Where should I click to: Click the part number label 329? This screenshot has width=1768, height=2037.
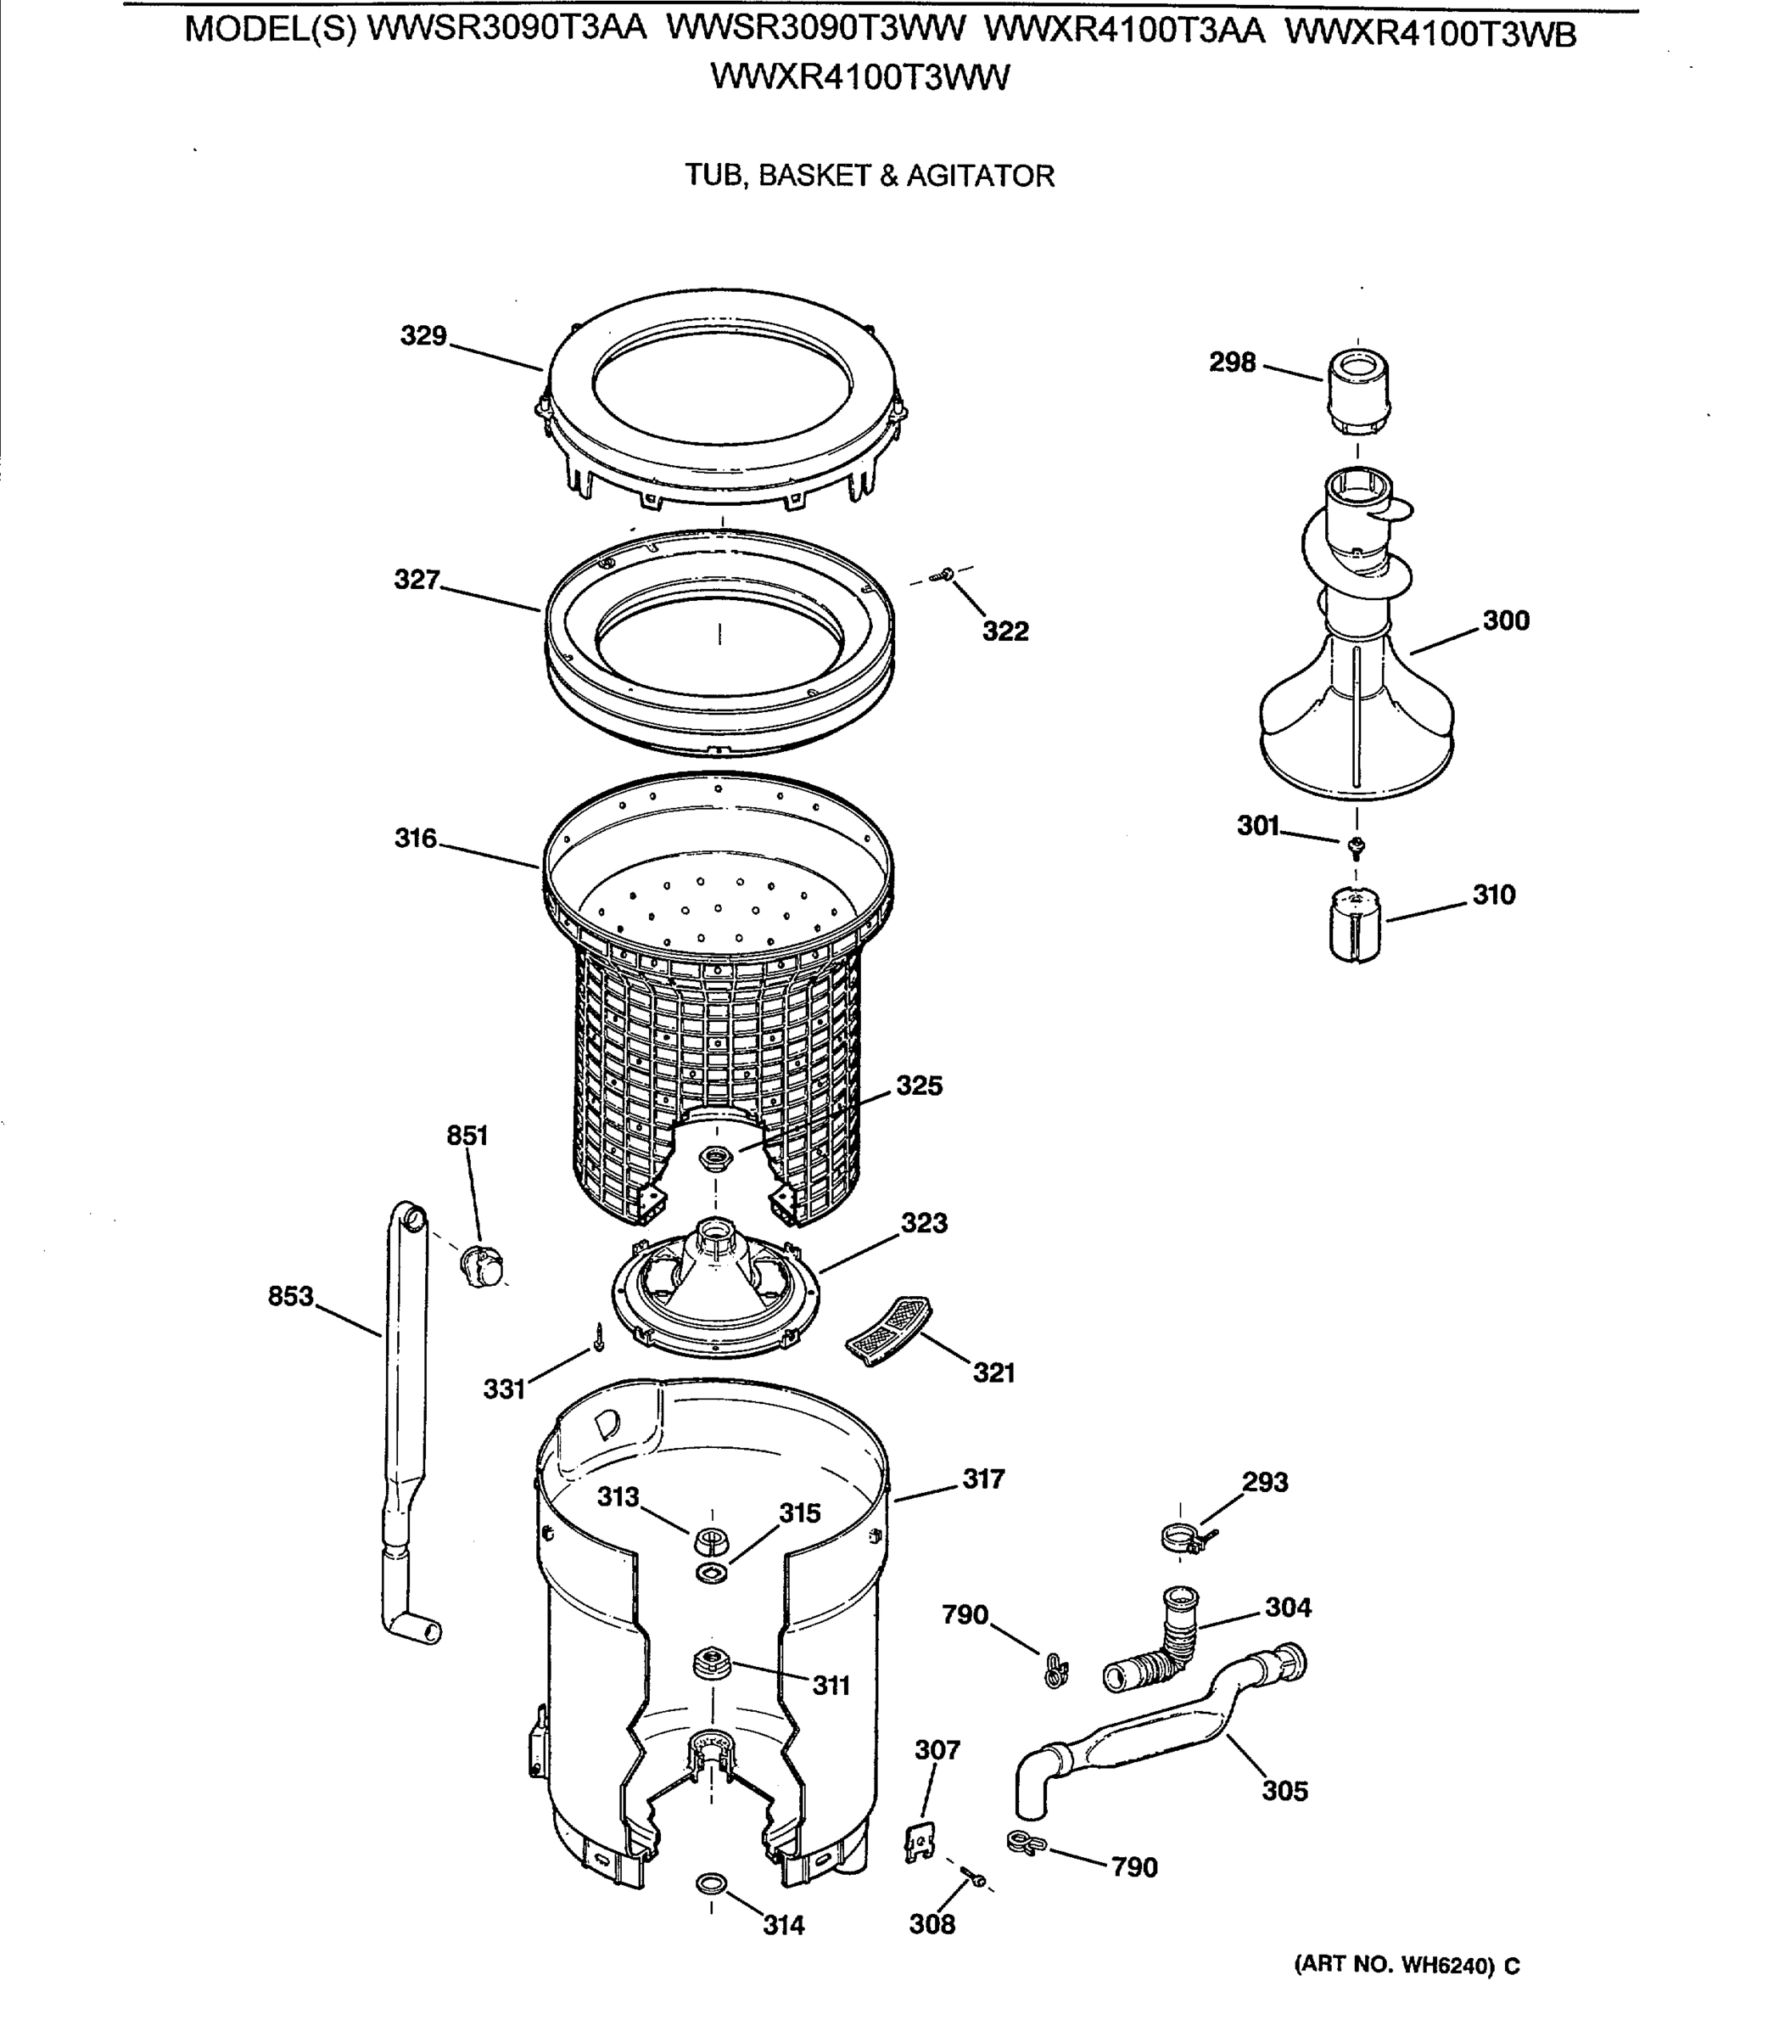[423, 337]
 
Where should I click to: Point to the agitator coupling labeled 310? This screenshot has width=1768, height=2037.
[1356, 923]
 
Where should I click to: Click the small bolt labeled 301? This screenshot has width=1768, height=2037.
[1356, 844]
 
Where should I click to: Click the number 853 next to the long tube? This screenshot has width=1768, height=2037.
[290, 1296]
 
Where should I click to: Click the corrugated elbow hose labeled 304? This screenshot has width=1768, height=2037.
[1155, 1643]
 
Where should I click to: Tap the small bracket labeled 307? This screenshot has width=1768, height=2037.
[919, 1841]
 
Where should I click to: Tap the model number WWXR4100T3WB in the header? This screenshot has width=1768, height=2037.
[1430, 35]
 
